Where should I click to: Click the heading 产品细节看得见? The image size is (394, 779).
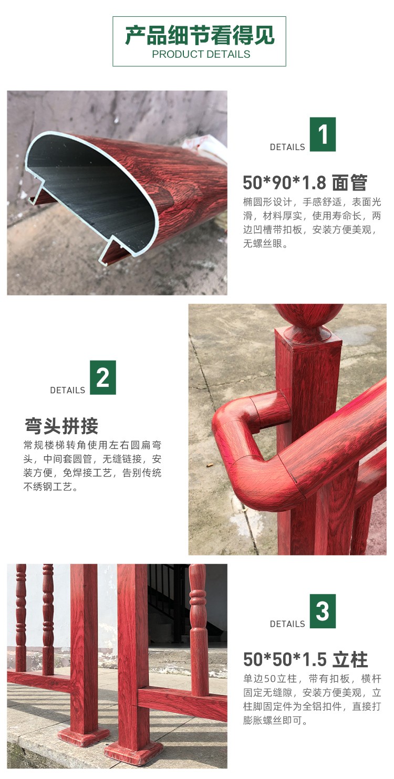coord(200,35)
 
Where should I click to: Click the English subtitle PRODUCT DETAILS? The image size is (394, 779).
coord(201,54)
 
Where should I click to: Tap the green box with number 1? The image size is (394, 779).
coord(323,134)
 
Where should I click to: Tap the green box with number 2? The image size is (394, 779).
coord(102,377)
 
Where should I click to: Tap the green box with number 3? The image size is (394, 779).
coord(323,611)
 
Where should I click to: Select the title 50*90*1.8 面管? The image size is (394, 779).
coord(305,183)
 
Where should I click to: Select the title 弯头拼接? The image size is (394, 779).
coord(61,426)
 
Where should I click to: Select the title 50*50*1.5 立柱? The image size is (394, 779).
coord(305,659)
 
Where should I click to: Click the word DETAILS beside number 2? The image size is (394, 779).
coord(68,390)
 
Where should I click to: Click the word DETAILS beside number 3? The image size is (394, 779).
coord(287,624)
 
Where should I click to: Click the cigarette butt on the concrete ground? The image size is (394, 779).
coord(210,465)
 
